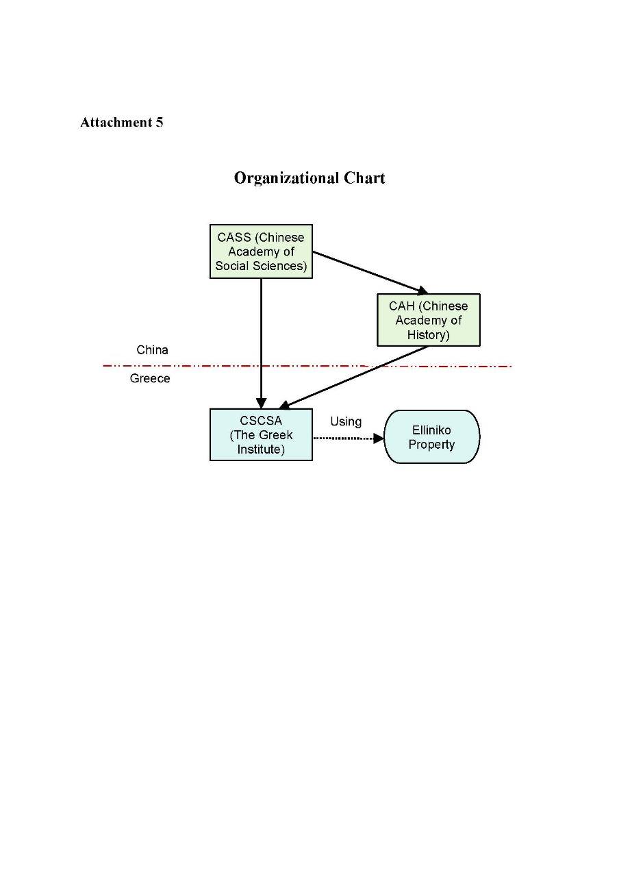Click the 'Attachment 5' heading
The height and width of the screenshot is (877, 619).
tap(121, 123)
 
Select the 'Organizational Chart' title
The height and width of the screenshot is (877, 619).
tap(309, 178)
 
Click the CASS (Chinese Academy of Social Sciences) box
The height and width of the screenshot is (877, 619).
tap(261, 251)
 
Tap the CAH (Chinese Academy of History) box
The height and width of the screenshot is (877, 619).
tap(429, 320)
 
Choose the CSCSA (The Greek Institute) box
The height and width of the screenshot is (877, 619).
tap(261, 435)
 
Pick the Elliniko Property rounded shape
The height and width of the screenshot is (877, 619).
tap(431, 437)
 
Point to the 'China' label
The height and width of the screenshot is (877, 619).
tap(152, 350)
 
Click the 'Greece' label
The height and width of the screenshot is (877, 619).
tap(150, 378)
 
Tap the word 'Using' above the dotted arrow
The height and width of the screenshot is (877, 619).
tap(346, 421)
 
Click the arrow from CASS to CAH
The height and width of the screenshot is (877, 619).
tap(370, 272)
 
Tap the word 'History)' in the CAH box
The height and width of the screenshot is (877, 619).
tap(429, 335)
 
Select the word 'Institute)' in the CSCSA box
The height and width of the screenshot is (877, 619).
tap(261, 449)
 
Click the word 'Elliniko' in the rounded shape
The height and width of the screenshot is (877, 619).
tap(431, 430)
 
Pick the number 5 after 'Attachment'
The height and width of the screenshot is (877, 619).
tap(159, 123)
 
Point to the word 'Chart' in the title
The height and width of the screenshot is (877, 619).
tap(364, 178)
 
